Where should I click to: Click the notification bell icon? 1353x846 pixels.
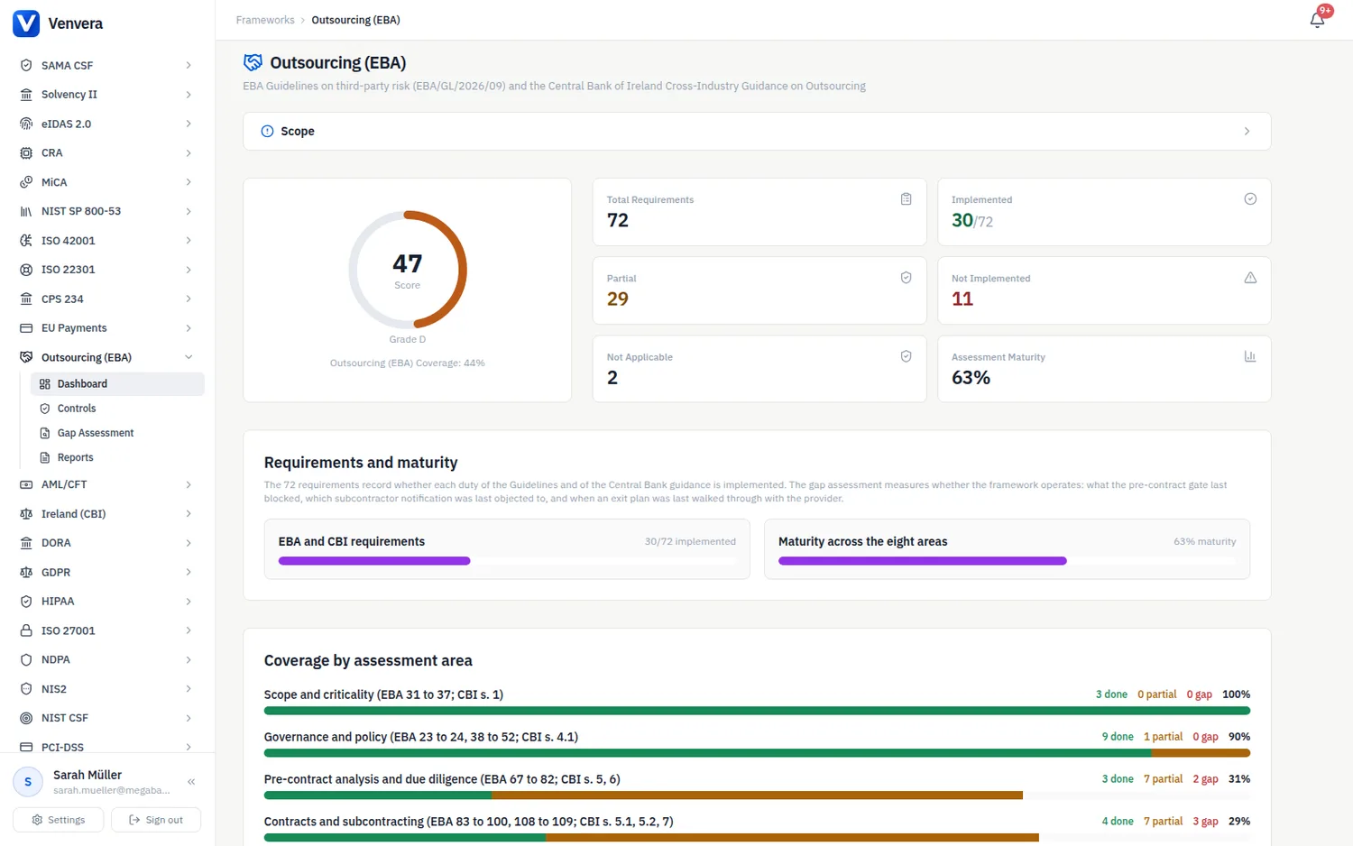(x=1317, y=20)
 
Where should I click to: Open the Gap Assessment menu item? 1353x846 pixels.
(x=96, y=433)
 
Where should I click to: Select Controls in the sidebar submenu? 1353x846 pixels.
(x=77, y=409)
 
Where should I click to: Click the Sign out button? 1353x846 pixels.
(x=156, y=820)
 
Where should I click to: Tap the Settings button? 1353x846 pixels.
(x=58, y=820)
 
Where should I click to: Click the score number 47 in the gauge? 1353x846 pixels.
(x=407, y=263)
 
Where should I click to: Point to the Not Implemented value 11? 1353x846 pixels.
(x=962, y=299)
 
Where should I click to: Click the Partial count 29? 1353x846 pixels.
(x=617, y=299)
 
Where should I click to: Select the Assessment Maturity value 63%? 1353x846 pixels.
(x=971, y=377)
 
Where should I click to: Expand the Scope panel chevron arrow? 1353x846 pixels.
(x=1247, y=131)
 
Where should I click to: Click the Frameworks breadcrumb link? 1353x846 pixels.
(x=265, y=20)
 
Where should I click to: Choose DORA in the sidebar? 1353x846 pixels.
(x=56, y=543)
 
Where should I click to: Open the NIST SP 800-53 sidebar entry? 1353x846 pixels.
(x=81, y=211)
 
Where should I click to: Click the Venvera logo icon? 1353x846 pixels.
(x=26, y=23)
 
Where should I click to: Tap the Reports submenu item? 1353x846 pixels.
(x=76, y=457)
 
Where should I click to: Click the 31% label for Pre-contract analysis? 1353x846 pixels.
(x=1238, y=779)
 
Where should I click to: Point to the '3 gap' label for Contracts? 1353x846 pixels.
(x=1205, y=822)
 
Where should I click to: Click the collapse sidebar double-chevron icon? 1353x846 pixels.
(x=191, y=781)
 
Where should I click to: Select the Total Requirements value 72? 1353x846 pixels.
(x=617, y=220)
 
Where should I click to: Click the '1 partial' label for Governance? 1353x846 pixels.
(x=1163, y=737)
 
